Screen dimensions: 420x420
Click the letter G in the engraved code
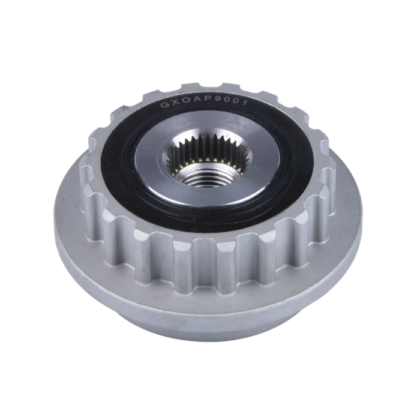tap(164, 105)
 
